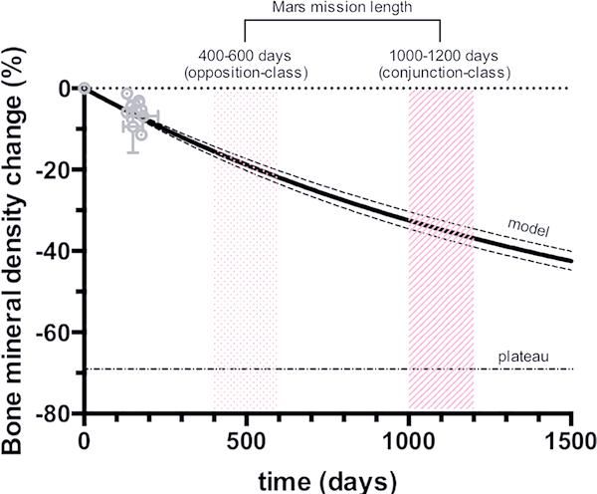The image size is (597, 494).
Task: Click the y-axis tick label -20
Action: pos(55,169)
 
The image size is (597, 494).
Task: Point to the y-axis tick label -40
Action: pos(55,250)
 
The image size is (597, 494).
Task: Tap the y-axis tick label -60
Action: pos(55,331)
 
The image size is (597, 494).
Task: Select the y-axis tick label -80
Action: pos(55,411)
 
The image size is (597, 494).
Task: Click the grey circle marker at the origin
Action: pos(85,89)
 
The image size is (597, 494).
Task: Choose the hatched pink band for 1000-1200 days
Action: pos(441,299)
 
